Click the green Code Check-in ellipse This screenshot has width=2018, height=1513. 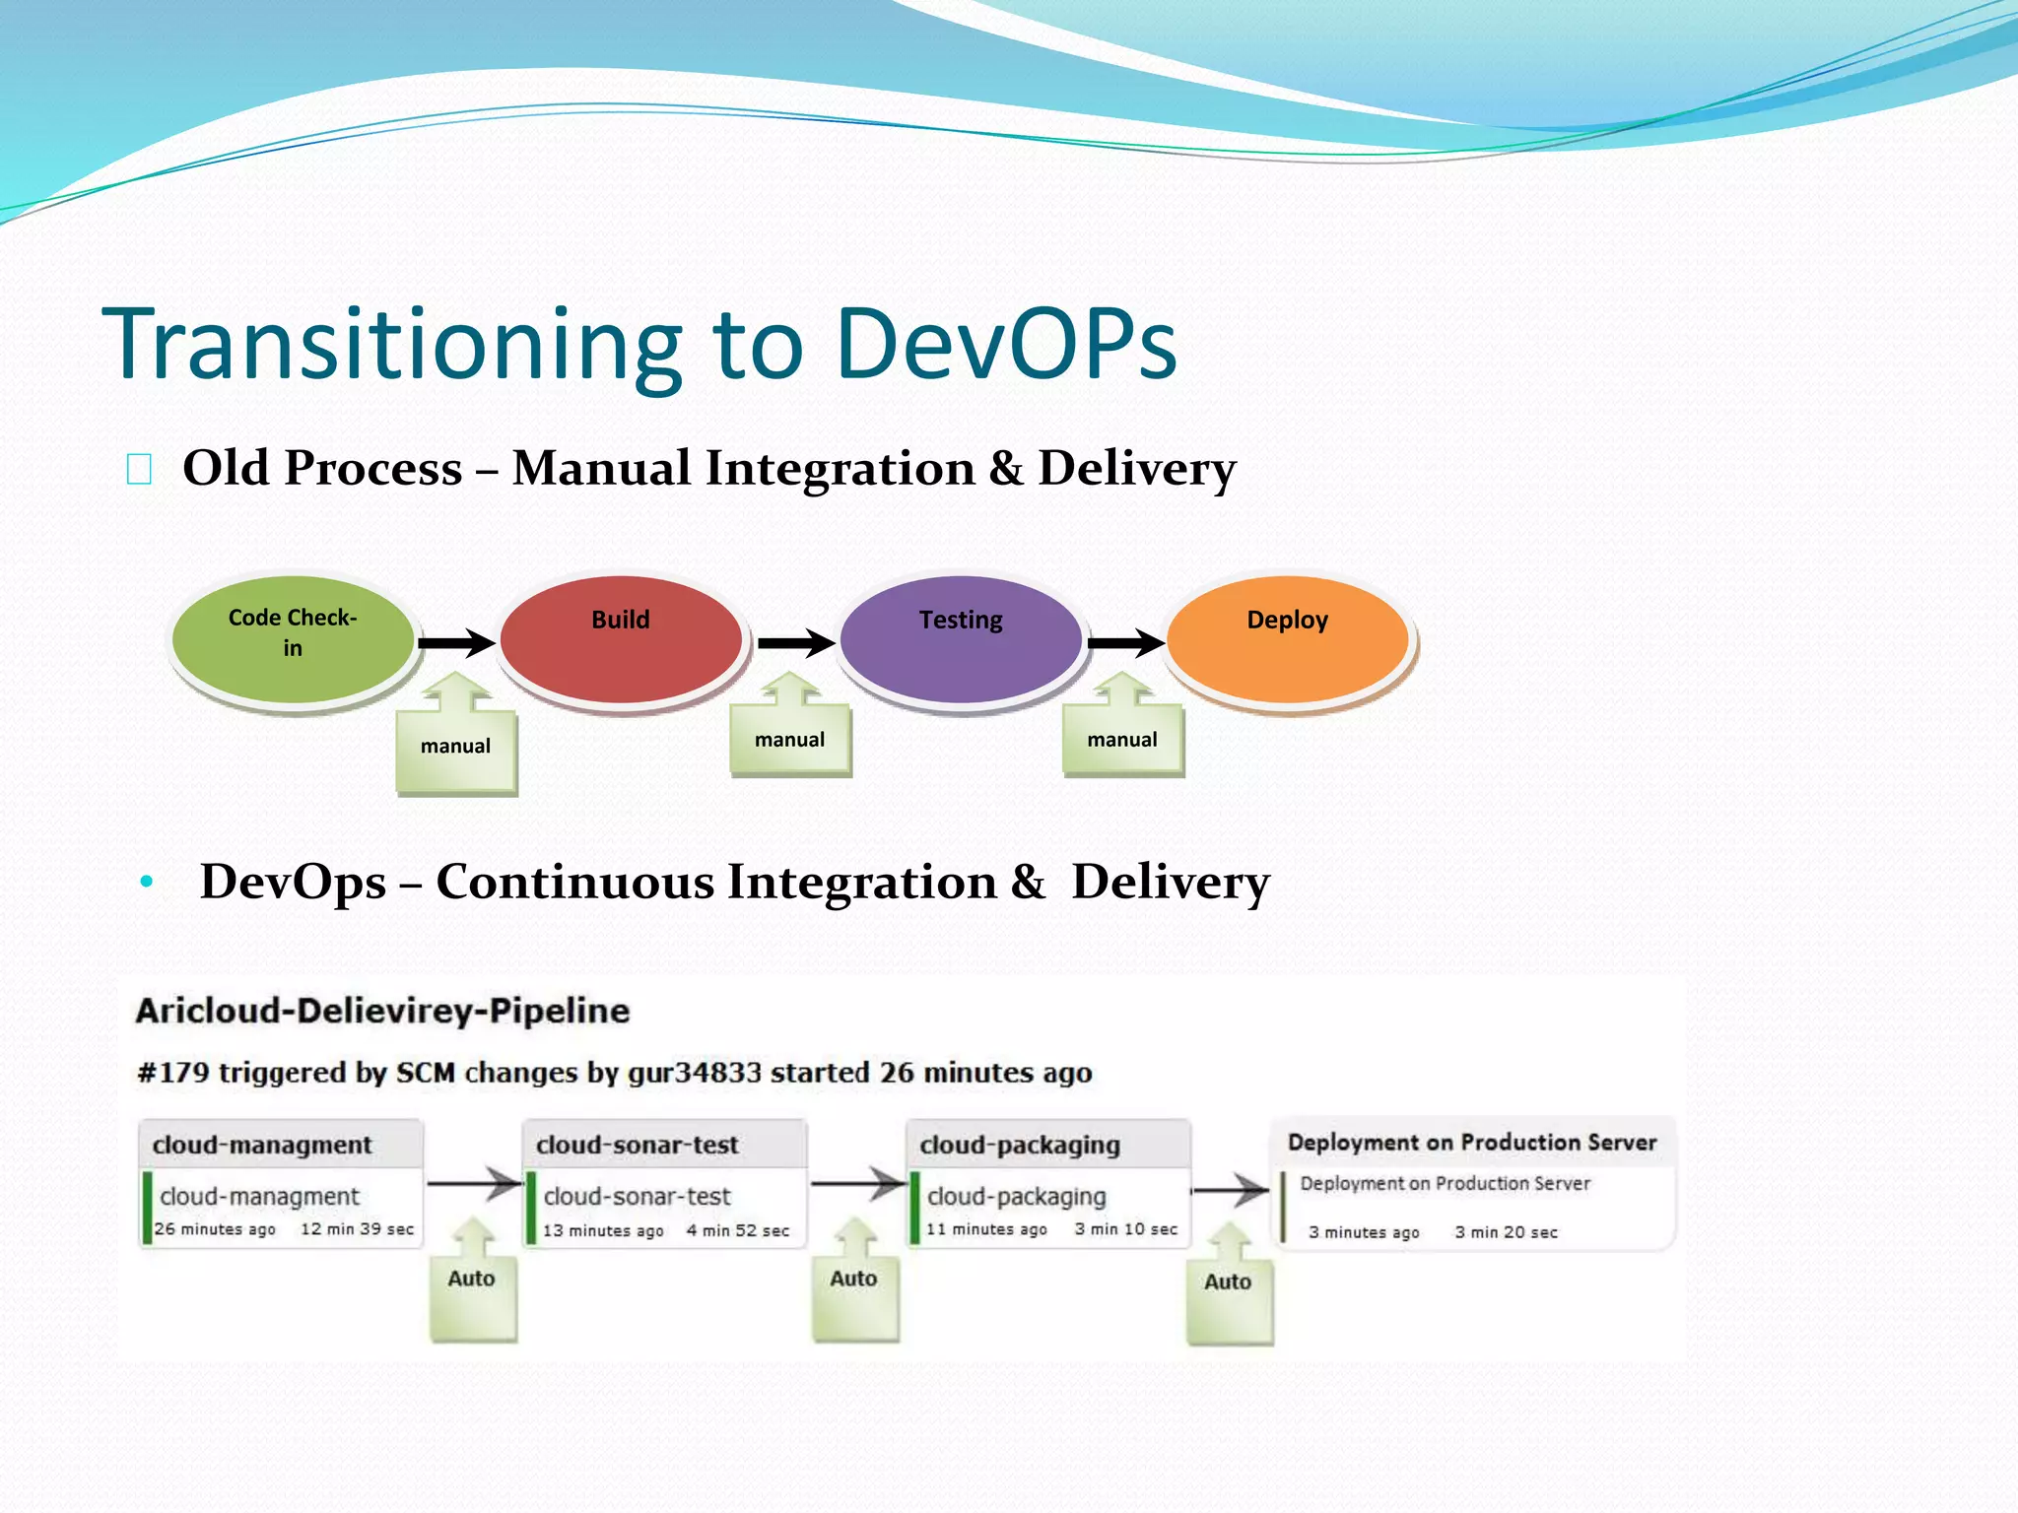pyautogui.click(x=293, y=638)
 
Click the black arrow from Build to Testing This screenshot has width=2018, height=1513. pyautogui.click(x=795, y=643)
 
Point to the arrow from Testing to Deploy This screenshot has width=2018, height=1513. pyautogui.click(x=1125, y=643)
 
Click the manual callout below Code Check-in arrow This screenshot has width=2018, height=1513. pyautogui.click(x=455, y=747)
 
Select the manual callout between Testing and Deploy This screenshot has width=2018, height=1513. pyautogui.click(x=1122, y=740)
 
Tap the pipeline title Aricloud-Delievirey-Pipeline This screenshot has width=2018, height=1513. pyautogui.click(x=382, y=1011)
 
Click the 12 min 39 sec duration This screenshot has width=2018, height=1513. pyautogui.click(x=357, y=1229)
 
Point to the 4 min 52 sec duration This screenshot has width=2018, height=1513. pyautogui.click(x=738, y=1230)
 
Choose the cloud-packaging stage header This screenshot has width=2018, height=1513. pyautogui.click(x=1020, y=1145)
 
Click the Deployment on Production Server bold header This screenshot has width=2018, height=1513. pyautogui.click(x=1472, y=1143)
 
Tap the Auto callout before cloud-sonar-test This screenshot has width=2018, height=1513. pyautogui.click(x=472, y=1280)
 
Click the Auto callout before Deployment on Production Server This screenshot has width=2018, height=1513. pyautogui.click(x=1228, y=1283)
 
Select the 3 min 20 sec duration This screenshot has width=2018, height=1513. pyautogui.click(x=1506, y=1232)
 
